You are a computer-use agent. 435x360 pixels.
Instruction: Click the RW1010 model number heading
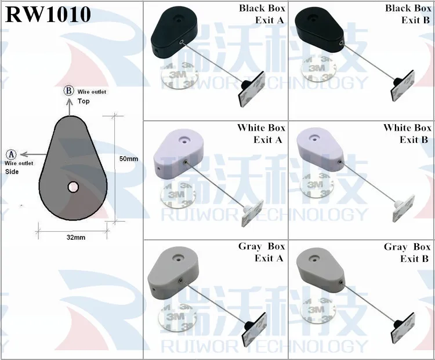pos(48,15)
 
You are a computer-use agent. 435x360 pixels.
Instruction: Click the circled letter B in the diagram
pos(68,91)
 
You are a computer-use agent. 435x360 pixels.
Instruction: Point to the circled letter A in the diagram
pos(11,154)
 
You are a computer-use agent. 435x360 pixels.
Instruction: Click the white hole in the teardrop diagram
pos(73,187)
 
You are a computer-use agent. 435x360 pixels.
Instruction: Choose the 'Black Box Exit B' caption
pos(408,15)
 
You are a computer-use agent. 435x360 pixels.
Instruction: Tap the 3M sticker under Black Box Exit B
pos(316,71)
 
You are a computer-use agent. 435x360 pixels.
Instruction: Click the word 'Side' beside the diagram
pos(12,172)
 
